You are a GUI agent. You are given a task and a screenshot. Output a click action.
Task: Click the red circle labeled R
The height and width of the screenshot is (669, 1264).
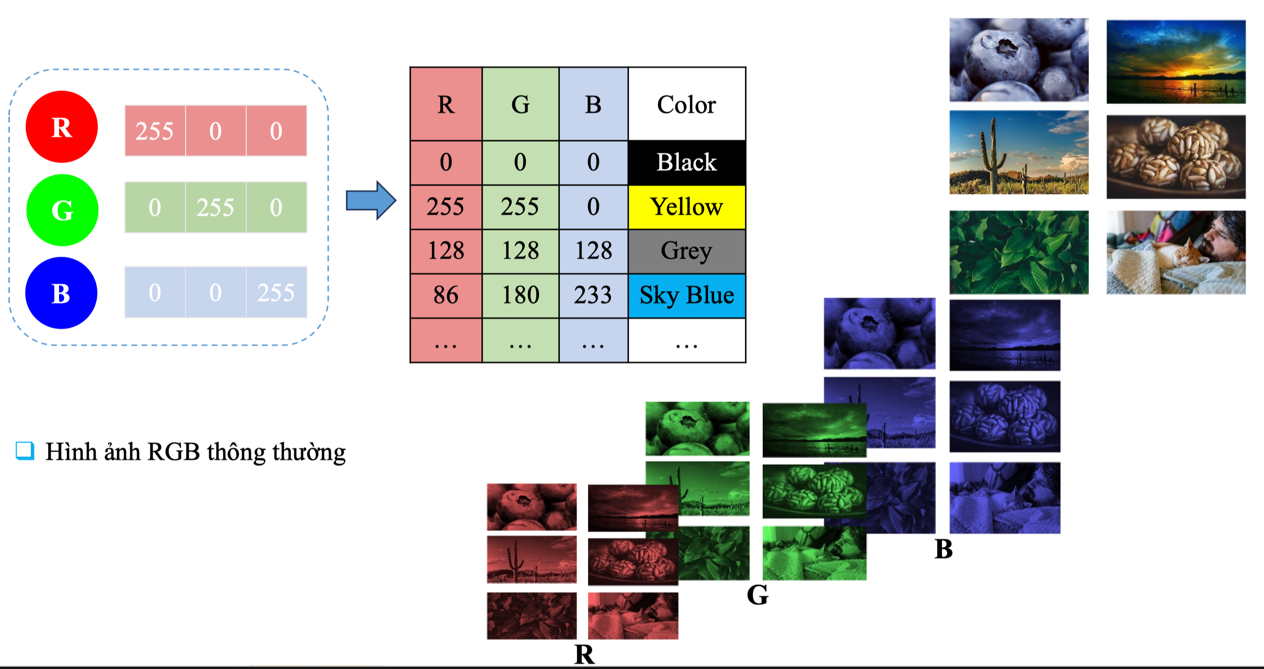coord(62,127)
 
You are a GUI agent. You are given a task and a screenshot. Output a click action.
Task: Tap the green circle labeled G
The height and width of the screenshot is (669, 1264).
coord(62,210)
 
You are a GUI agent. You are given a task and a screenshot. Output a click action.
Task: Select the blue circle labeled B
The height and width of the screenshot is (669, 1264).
coord(61,293)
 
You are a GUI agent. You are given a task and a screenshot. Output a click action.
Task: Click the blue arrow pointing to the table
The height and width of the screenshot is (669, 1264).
coord(371,201)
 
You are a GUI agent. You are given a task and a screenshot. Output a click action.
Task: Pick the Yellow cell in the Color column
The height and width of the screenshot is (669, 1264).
coord(686,207)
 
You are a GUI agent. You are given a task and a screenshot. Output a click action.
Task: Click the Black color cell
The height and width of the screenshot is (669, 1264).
coord(686,163)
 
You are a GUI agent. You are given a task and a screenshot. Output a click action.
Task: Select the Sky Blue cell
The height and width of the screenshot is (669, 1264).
coord(686,296)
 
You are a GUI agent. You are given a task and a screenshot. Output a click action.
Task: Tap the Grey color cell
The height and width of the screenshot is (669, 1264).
coord(686,251)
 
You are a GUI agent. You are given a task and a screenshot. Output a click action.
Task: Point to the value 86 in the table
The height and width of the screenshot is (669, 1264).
coord(446,296)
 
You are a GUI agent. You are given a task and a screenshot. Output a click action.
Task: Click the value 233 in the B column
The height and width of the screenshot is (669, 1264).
coord(593,296)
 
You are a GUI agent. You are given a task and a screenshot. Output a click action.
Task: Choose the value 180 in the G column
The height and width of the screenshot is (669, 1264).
coord(520,296)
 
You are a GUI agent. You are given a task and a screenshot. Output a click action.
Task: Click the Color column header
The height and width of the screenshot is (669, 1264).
coord(686,105)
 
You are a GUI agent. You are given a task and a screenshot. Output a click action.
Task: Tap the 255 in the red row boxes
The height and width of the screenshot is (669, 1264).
coord(155,131)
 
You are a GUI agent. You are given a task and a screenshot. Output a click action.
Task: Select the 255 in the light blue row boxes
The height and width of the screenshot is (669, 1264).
coord(276,293)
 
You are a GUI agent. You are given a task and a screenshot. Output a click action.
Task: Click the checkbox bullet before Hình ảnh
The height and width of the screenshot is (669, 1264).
coord(25,451)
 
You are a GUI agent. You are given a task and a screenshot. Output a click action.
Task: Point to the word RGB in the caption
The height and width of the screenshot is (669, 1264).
coord(174,452)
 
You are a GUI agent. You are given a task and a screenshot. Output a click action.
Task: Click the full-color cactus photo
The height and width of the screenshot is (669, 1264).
coord(1019,152)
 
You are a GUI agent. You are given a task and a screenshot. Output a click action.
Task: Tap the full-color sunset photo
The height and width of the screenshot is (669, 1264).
coord(1176,62)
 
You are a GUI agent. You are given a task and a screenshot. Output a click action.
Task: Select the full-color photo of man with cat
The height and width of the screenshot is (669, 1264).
coord(1176,252)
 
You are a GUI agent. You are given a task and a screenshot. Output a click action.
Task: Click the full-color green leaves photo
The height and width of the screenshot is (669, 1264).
coord(1019,252)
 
